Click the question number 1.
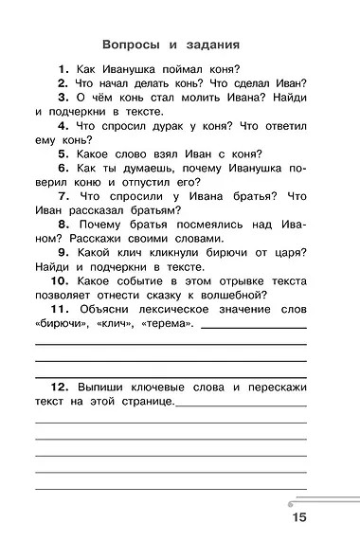point(63,68)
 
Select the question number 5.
point(63,153)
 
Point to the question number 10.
point(59,282)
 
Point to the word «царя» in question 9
point(286,267)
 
